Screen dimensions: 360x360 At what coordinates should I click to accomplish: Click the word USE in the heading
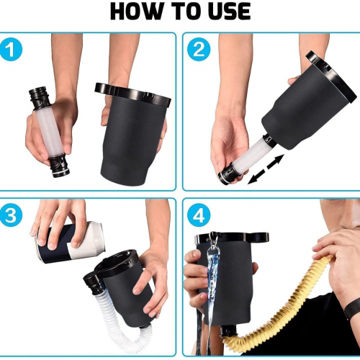(x=230, y=11)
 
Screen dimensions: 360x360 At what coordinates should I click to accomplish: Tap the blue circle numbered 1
(x=11, y=50)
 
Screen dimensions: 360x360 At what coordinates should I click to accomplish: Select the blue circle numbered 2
(x=199, y=50)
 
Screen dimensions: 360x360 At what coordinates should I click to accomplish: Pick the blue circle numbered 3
(x=11, y=215)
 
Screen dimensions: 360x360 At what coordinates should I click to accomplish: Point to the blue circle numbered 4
(x=199, y=215)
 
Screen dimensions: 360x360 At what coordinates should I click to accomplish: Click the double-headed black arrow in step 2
(x=266, y=169)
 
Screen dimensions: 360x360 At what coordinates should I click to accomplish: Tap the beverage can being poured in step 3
(x=71, y=243)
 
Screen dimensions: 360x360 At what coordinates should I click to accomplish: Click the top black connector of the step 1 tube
(x=40, y=99)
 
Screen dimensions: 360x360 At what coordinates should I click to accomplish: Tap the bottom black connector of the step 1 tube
(x=59, y=166)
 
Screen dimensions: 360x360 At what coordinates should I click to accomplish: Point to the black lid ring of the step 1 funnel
(x=132, y=94)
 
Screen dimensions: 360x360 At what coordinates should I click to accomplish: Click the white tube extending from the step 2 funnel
(x=250, y=153)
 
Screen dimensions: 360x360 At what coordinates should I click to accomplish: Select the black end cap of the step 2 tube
(x=228, y=174)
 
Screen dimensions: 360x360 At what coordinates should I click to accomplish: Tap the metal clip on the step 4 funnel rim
(x=212, y=239)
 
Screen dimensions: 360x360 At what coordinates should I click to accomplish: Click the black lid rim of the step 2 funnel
(x=331, y=76)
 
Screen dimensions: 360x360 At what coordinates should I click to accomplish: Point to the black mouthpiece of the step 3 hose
(x=94, y=284)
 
